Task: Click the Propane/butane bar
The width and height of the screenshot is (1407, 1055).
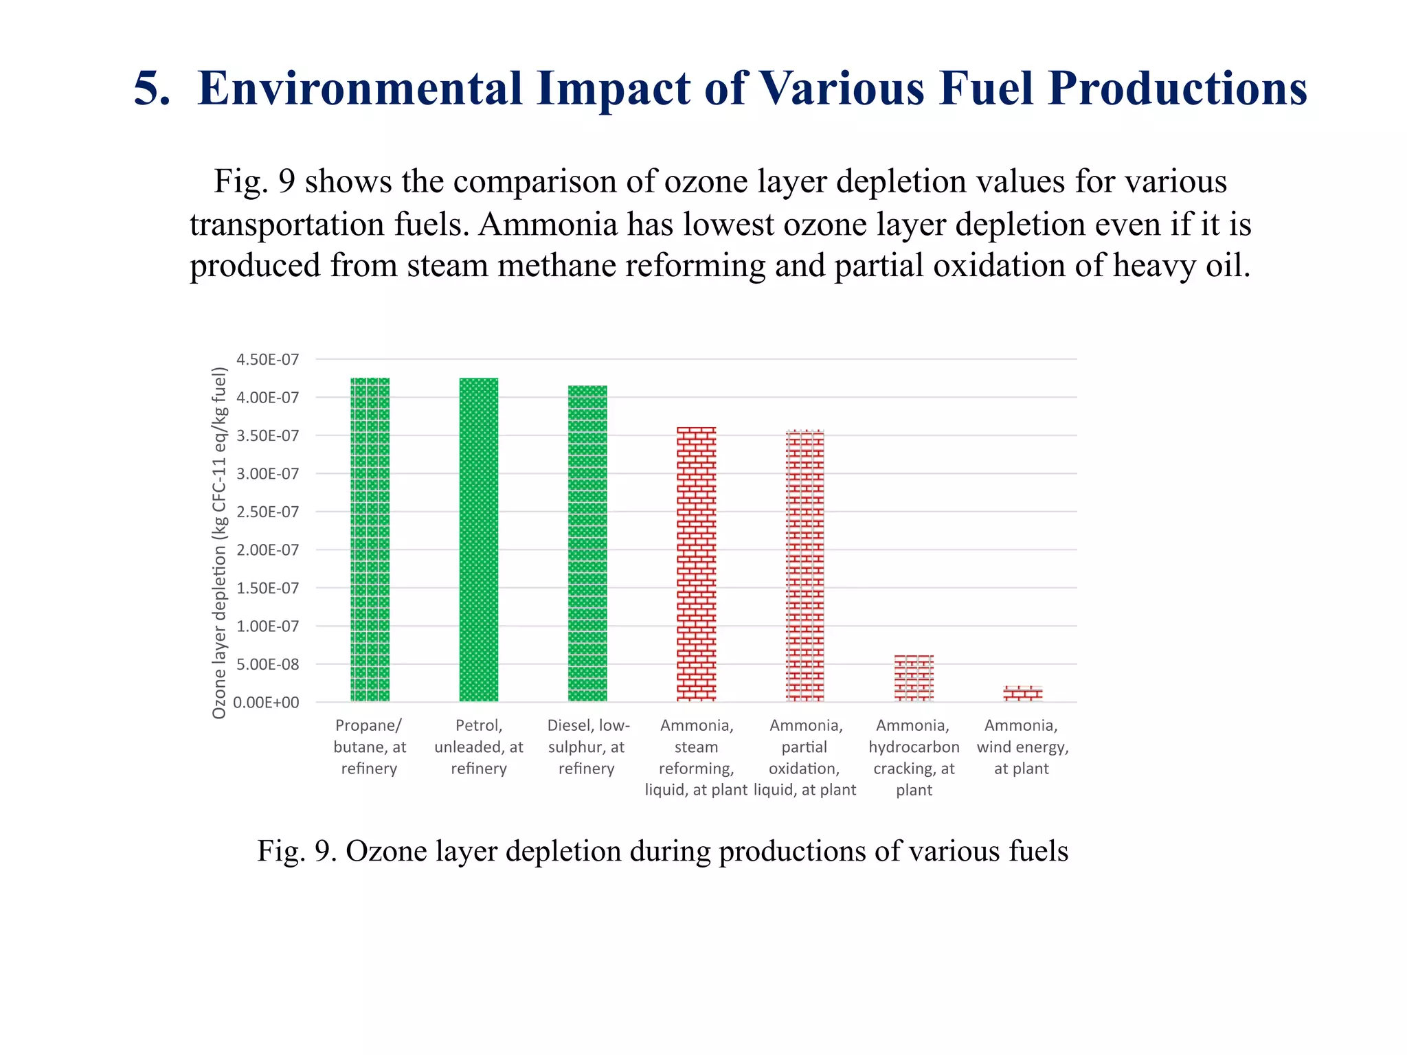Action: tap(370, 540)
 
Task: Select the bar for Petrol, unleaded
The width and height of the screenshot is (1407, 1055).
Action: tap(479, 540)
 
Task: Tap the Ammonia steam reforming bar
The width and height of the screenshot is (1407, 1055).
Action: tap(696, 564)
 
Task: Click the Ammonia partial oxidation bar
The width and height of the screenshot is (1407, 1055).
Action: tap(804, 566)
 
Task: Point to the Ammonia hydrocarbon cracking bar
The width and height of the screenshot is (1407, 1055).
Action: tap(914, 679)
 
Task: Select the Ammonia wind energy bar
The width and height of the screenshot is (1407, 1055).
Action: tap(1022, 694)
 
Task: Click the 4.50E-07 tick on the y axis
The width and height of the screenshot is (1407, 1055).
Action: tap(267, 359)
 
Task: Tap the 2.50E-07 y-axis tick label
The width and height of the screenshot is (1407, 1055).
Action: tap(267, 512)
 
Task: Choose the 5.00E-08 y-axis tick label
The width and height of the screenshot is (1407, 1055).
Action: tap(267, 664)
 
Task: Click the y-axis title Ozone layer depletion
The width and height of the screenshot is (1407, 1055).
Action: tap(219, 543)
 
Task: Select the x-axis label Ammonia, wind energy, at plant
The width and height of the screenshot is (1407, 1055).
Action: tap(1022, 747)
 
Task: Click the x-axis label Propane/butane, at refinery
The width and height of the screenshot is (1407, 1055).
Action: tap(370, 747)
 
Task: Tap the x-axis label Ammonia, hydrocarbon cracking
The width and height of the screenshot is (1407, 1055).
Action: tap(914, 757)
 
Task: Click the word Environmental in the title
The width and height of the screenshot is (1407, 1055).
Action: tap(360, 89)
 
